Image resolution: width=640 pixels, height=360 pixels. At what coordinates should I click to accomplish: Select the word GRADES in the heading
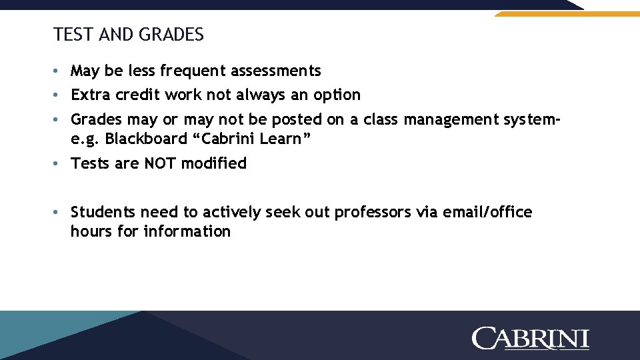(172, 35)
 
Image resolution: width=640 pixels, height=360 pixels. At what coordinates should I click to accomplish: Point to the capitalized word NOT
(159, 163)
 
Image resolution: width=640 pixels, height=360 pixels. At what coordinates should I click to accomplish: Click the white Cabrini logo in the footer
(531, 338)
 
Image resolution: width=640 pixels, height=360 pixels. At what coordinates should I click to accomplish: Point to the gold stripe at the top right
(567, 13)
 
